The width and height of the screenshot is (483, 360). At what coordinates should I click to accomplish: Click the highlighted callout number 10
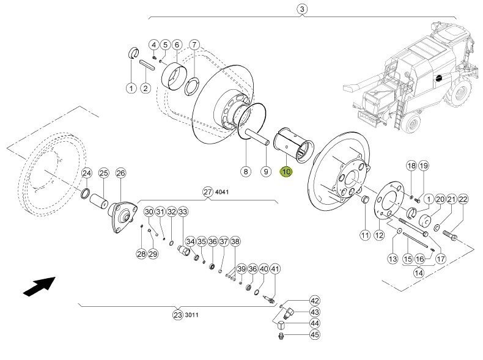(286, 172)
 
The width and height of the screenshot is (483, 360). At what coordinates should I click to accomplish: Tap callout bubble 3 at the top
(301, 9)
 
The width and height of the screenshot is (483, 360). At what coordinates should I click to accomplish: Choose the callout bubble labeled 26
(120, 174)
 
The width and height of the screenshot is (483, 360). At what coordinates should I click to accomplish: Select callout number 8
(245, 172)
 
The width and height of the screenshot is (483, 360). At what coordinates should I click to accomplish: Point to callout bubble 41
(275, 270)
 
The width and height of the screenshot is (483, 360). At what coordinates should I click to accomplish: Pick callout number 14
(418, 273)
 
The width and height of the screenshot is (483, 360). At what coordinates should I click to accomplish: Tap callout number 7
(194, 45)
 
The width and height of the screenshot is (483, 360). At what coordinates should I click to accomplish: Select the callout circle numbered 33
(183, 212)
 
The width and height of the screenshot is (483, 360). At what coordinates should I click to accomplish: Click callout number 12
(379, 235)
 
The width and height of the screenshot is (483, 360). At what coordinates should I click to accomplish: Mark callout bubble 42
(315, 301)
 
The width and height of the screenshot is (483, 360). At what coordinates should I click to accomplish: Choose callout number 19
(424, 166)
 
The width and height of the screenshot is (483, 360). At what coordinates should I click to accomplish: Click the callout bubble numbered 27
(207, 192)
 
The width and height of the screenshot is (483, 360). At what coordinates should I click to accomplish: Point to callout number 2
(145, 88)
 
